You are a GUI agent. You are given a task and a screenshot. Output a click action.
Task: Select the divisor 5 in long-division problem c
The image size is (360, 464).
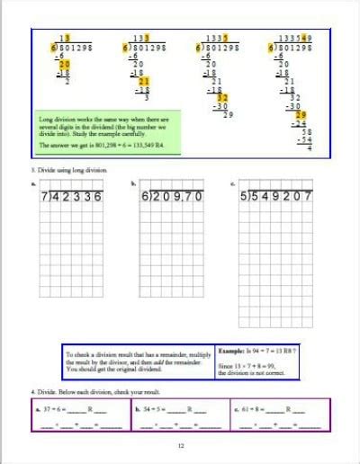point(244,195)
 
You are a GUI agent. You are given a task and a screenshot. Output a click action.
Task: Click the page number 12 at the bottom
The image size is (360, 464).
point(180,446)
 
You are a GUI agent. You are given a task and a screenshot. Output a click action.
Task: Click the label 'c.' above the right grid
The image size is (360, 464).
point(233,183)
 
